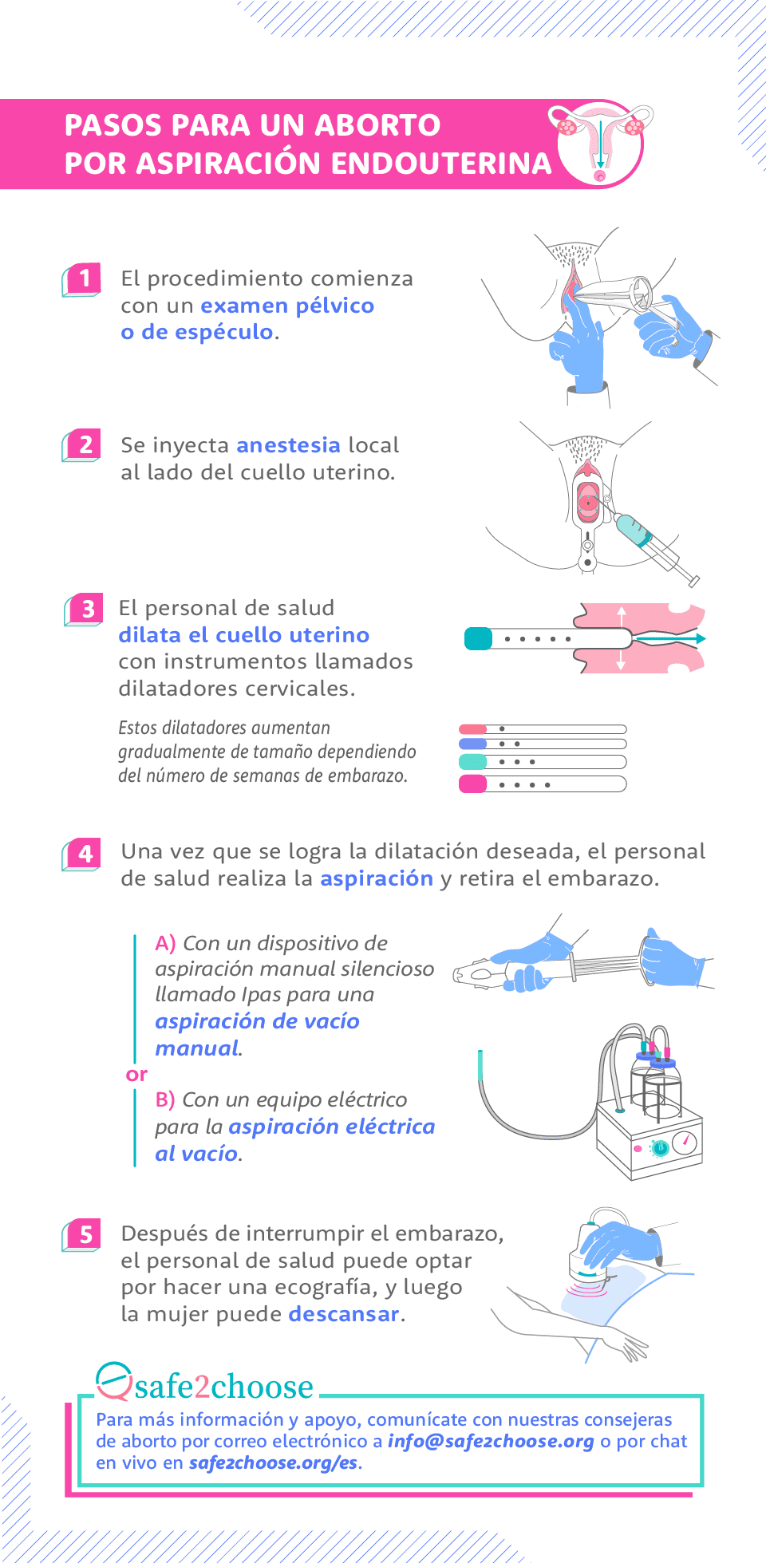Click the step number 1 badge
pos(83,279)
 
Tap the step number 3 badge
pos(85,610)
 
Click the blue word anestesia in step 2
pos(288,445)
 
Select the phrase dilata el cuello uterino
pos(243,635)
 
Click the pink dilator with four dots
pos(542,785)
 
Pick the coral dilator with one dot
pos(542,729)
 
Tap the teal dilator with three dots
pos(542,762)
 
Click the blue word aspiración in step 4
pos(376,878)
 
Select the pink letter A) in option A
pos(165,944)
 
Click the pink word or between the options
pos(136,1075)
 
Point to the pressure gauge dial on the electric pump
pos(685,1143)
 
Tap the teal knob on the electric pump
pos(659,1148)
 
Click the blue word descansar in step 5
pos(343,1314)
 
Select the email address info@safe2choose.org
pos(491,1441)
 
